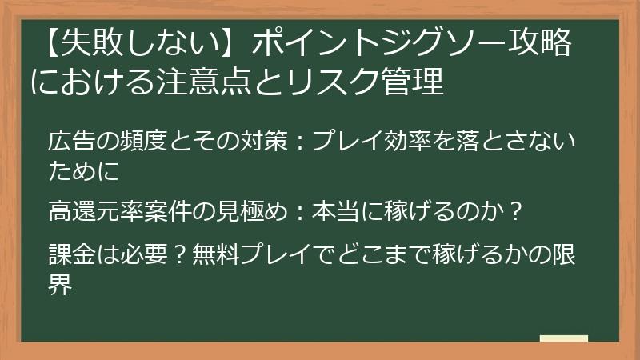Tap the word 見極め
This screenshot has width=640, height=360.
pos(238,213)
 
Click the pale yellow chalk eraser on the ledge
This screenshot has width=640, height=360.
pos(563,339)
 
